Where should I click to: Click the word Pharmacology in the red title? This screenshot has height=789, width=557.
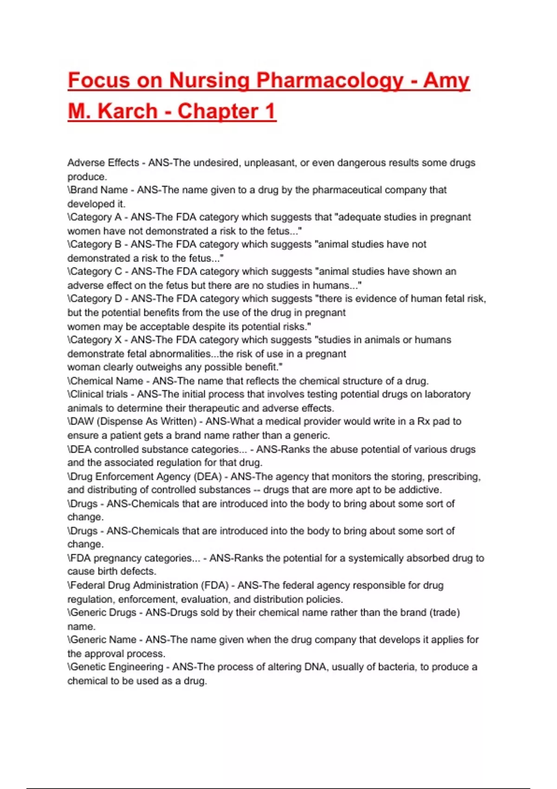330,81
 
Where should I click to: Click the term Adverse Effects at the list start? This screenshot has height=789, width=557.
103,163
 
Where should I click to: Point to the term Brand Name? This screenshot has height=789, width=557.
99,190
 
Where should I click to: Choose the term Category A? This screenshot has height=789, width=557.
96,217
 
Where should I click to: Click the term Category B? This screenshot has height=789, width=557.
96,244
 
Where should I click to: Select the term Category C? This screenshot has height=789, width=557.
96,272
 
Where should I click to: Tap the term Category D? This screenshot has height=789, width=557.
96,298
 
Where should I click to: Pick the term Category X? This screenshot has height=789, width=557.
96,340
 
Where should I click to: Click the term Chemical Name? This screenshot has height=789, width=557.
107,381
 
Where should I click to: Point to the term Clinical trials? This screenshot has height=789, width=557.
99,394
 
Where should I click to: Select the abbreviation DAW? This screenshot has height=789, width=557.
82,421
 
